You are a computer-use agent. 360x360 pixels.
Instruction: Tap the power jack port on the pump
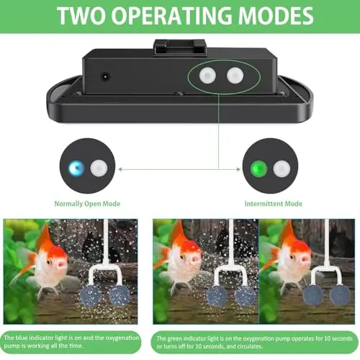coord(105,77)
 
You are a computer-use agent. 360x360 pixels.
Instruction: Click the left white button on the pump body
coord(207,75)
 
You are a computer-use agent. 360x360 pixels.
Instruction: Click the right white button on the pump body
coord(235,75)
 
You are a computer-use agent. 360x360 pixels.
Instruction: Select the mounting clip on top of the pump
coord(180,48)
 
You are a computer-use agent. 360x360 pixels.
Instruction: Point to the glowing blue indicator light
coord(76,168)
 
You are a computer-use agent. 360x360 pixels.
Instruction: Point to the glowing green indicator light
coord(258,168)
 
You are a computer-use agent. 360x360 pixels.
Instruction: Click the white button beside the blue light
coord(99,168)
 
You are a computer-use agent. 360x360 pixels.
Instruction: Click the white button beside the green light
coord(282,168)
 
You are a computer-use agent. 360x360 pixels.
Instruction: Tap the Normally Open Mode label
coord(87,204)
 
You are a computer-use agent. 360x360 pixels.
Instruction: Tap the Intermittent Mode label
coord(274,204)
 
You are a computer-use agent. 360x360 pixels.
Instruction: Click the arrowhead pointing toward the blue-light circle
coord(120,169)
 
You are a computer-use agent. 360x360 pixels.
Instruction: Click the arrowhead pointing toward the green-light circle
coord(238,169)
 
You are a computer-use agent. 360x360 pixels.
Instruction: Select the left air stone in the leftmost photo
coord(91,295)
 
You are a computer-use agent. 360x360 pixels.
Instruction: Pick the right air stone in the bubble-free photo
coord(340,295)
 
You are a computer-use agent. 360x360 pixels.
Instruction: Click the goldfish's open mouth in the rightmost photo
coord(305,259)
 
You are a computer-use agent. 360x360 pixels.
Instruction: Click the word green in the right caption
coord(175,339)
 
